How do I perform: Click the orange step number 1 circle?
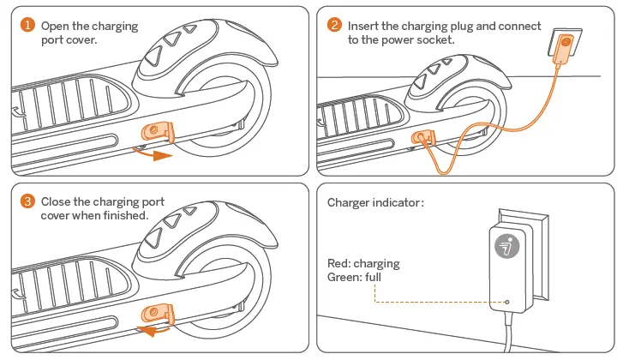tap(28, 26)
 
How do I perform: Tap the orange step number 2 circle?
tap(334, 26)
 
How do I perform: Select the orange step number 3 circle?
tap(28, 201)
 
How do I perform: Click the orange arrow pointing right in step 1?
tap(154, 154)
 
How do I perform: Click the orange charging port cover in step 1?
tap(157, 130)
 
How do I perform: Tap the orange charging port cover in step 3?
tap(157, 310)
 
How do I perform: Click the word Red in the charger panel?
tap(338, 264)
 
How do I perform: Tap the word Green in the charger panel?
tap(344, 277)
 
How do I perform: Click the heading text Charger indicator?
tap(375, 203)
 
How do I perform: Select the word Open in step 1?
tap(56, 26)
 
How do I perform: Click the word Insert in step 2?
tap(364, 26)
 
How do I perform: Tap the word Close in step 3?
tap(57, 201)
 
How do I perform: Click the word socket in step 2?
tap(435, 39)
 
